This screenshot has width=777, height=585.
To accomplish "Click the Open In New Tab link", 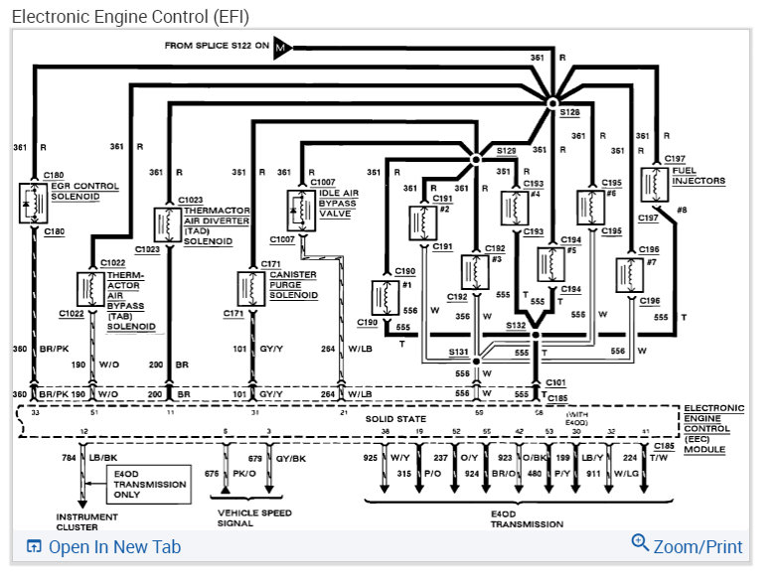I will point(104,546).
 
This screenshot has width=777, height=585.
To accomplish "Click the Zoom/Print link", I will point(688,546).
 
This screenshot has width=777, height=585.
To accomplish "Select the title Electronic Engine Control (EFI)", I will point(130,17).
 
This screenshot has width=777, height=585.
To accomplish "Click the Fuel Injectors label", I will point(699,175).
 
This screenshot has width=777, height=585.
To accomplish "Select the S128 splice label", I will point(568,113).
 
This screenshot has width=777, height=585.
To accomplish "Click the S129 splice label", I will point(506,149).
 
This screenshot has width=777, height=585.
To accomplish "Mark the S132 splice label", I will point(515,325).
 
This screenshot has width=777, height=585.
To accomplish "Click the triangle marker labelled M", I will point(282,48).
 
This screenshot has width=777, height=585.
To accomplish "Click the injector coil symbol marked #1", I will point(380,296).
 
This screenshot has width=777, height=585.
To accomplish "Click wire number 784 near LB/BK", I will point(69,458).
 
